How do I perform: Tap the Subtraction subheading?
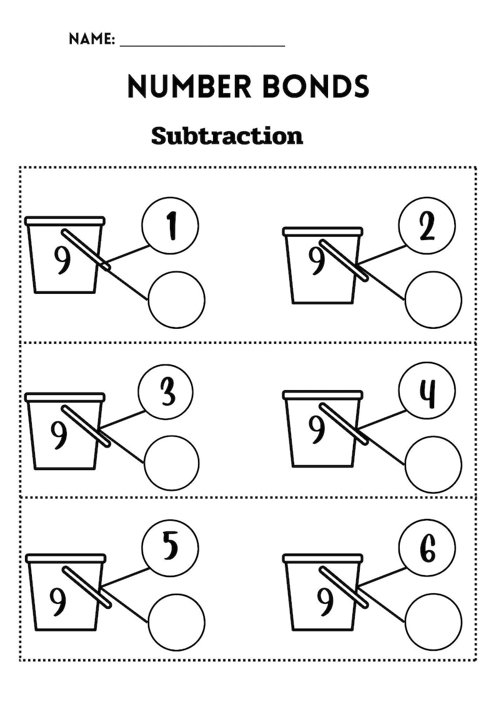[227, 136]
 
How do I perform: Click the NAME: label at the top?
[91, 39]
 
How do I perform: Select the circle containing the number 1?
[170, 226]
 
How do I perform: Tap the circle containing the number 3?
[166, 393]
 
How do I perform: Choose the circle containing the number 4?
[427, 392]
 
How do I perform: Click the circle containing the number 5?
[170, 548]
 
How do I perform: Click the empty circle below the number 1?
[177, 299]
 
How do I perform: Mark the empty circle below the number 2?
[434, 299]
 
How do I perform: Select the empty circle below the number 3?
[172, 463]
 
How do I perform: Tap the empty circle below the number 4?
[434, 465]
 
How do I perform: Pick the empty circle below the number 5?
[177, 622]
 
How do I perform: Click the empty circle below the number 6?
[434, 622]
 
